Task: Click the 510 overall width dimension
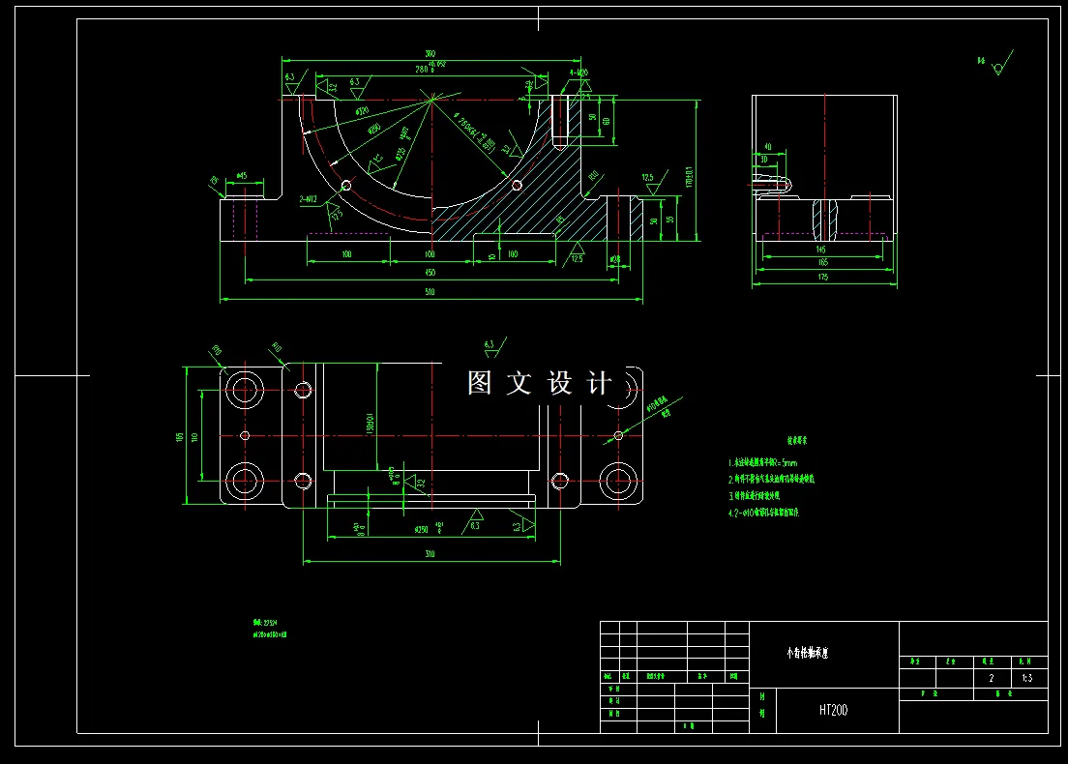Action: point(430,293)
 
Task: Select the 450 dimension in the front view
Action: point(430,273)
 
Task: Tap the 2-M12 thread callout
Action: point(311,198)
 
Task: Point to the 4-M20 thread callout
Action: point(578,73)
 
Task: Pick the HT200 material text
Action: point(833,710)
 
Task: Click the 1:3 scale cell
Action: point(1026,678)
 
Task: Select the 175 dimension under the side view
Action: point(823,278)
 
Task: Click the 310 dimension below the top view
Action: point(430,554)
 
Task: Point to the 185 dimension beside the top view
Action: point(180,436)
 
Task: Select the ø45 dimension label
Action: point(242,176)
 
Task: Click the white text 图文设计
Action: point(539,383)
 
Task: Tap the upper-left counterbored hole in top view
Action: point(244,390)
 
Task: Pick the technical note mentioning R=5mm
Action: point(763,462)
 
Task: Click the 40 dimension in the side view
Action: point(766,148)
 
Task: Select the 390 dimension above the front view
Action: point(430,54)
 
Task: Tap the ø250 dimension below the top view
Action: point(422,530)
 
